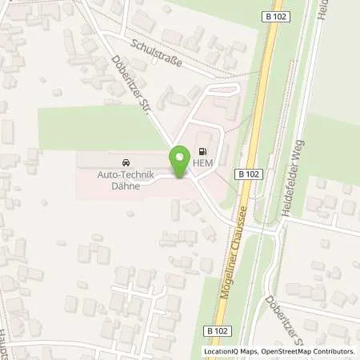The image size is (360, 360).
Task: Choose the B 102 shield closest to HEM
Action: pos(247,173)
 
